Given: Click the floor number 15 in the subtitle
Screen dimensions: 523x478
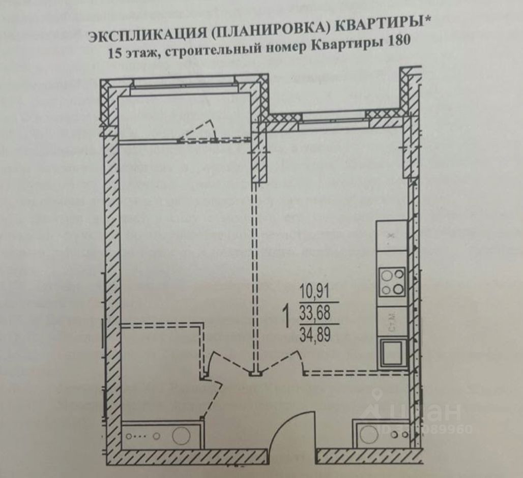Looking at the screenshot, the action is [x=115, y=53].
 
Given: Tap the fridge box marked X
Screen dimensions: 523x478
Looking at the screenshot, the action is [x=391, y=236].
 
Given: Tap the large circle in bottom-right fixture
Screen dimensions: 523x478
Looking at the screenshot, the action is [x=366, y=435].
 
